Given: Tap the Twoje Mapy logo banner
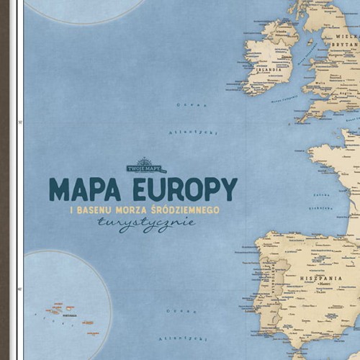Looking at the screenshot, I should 146,168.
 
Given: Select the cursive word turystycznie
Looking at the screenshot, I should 150,224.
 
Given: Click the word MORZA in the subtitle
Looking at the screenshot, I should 137,210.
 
